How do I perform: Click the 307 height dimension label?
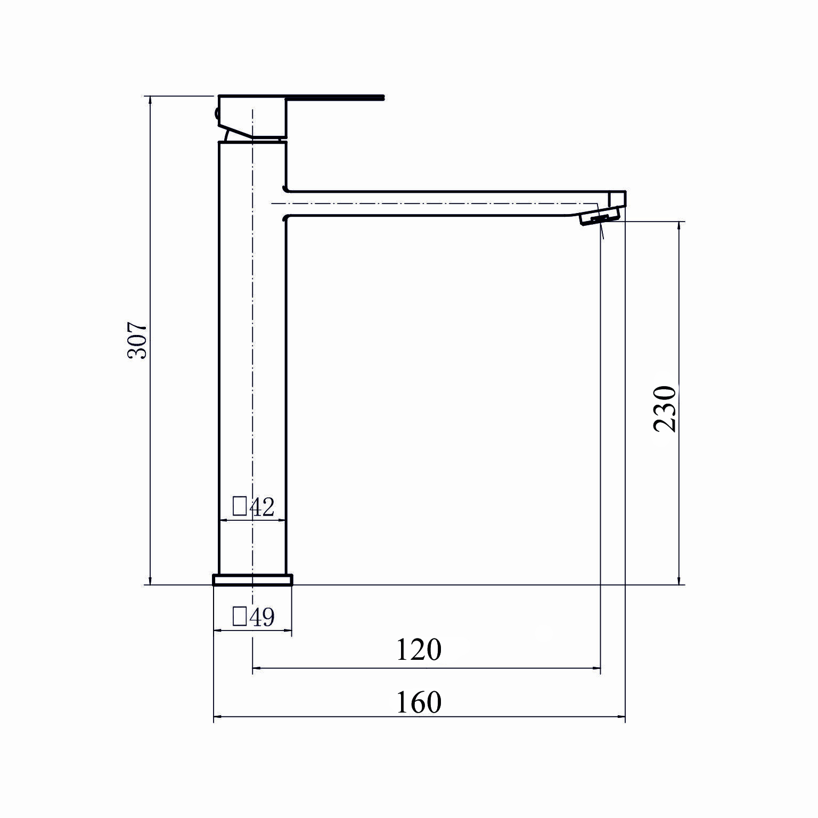coord(137,340)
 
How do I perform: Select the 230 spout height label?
coord(665,408)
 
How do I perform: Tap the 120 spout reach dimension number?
coord(419,650)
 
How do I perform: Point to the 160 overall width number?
coord(419,702)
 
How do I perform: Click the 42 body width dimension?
coord(261,507)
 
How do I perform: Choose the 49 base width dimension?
coord(261,617)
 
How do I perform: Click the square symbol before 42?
coord(240,506)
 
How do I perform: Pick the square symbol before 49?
coord(240,617)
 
